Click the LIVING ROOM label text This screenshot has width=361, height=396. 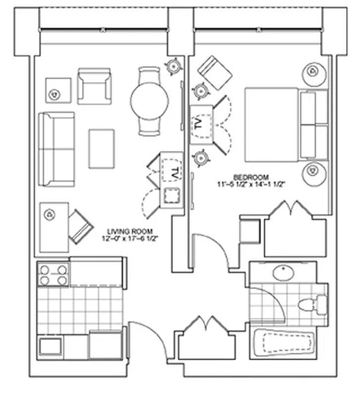tap(130, 231)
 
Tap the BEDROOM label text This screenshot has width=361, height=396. tap(251, 177)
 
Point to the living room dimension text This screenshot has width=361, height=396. tap(130, 238)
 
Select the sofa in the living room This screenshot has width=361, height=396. tap(56, 149)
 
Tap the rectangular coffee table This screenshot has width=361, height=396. tap(102, 148)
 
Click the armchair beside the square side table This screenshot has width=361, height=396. tap(94, 87)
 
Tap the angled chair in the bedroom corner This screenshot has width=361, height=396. tap(214, 73)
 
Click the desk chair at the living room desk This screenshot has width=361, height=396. tap(80, 227)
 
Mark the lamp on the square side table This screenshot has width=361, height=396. tap(54, 93)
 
